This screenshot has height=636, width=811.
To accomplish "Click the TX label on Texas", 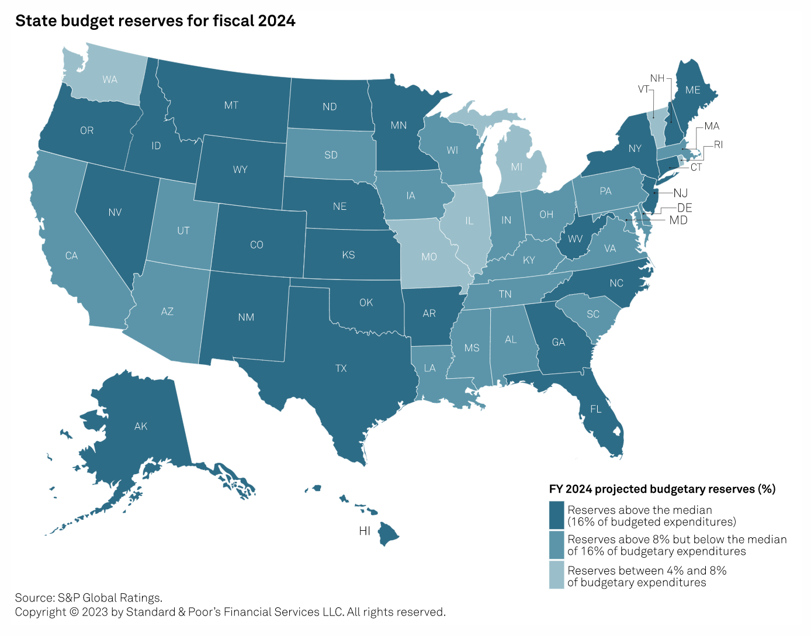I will tap(341, 368).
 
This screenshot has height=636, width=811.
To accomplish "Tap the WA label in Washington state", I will tap(110, 79).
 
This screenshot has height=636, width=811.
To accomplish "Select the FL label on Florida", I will tap(595, 409).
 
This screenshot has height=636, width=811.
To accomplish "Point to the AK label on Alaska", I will tap(141, 426).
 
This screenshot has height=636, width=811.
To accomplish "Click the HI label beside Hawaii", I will tap(365, 531).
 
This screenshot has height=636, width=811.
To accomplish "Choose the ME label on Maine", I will tap(692, 90).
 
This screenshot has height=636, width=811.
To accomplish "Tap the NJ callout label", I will tap(680, 193).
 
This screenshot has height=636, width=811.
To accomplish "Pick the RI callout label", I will tap(718, 144).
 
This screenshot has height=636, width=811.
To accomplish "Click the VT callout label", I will tap(643, 89).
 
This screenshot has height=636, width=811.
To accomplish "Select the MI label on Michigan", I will tap(517, 167).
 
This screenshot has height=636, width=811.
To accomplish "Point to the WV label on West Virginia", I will tap(575, 238).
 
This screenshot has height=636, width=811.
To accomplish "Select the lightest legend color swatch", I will tap(556, 575).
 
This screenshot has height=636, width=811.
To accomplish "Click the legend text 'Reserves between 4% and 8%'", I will tap(647, 571).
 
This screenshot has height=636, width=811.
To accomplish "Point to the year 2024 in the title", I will tap(276, 21).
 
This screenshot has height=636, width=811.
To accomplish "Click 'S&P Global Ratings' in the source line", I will tap(110, 597).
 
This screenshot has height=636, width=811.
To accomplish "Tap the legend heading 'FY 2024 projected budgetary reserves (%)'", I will tap(662, 489).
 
